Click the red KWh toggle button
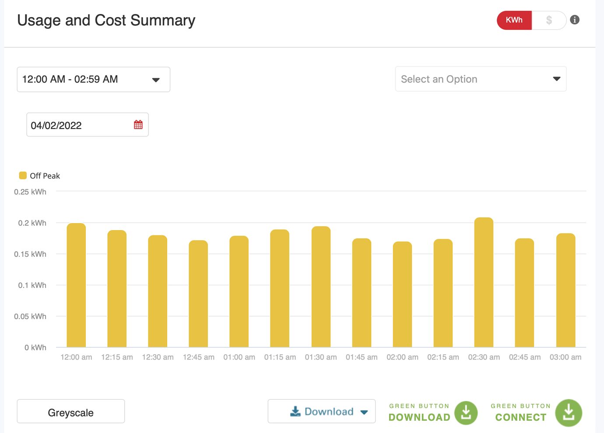point(514,20)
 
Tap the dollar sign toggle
point(549,20)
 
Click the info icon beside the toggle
point(575,20)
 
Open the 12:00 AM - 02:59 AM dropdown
point(93,80)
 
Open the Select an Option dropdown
point(481,79)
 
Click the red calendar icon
point(138,125)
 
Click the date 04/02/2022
point(56,126)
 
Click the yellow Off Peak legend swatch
point(23,175)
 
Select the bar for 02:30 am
point(484,283)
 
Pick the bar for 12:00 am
point(76,285)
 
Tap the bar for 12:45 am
point(198,293)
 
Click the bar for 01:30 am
point(321,286)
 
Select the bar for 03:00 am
point(565,290)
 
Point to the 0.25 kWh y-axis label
point(30,192)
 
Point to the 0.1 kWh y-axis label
point(32,285)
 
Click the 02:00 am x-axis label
point(402,357)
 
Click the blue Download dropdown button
point(322,412)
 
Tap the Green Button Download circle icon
point(466,412)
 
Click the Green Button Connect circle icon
point(569,412)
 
